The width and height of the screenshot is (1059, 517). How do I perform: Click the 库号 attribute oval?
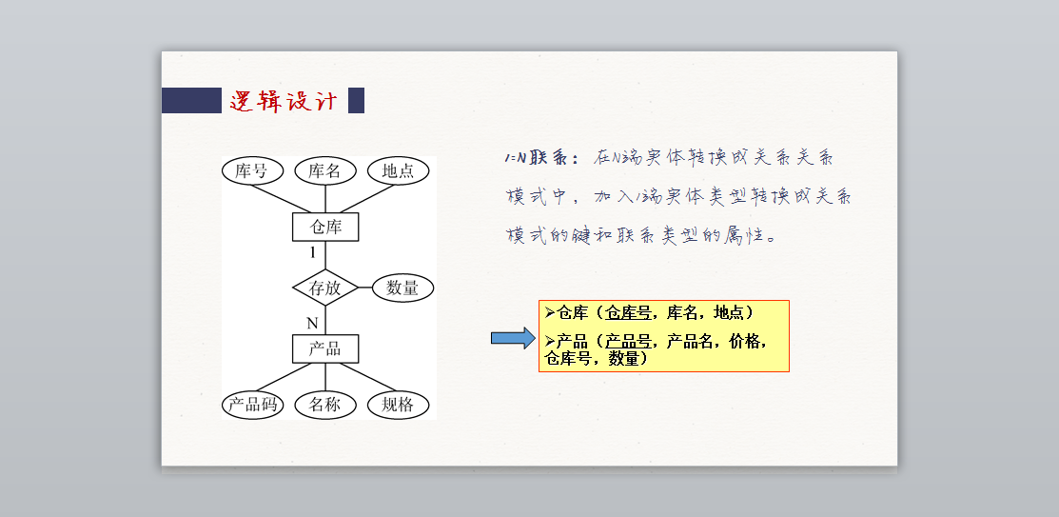pyautogui.click(x=252, y=171)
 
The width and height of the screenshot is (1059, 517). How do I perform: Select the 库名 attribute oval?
pyautogui.click(x=324, y=171)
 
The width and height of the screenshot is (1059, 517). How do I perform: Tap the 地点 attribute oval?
pyautogui.click(x=398, y=171)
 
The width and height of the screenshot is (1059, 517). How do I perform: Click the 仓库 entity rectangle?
pyautogui.click(x=325, y=228)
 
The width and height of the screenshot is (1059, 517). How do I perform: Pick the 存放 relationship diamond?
pyautogui.click(x=324, y=288)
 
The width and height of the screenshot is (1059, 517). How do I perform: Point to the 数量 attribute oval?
pyautogui.click(x=402, y=288)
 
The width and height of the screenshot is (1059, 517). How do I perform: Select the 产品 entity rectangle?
pyautogui.click(x=325, y=348)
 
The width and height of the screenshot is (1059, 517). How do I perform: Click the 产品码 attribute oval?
pyautogui.click(x=252, y=405)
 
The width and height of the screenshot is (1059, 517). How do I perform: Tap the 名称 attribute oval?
pyautogui.click(x=324, y=405)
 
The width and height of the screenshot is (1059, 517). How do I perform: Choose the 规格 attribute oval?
pyautogui.click(x=398, y=405)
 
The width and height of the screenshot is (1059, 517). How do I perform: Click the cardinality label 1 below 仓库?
pyautogui.click(x=312, y=253)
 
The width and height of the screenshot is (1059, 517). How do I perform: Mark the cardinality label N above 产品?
pyautogui.click(x=311, y=324)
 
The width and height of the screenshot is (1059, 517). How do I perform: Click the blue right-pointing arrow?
pyautogui.click(x=513, y=339)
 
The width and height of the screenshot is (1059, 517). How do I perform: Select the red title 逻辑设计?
pyautogui.click(x=284, y=101)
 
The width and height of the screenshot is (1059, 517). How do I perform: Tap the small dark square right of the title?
pyautogui.click(x=356, y=101)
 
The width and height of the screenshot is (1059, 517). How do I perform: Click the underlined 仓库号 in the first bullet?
pyautogui.click(x=631, y=312)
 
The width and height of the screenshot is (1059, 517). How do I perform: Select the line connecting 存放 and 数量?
pyautogui.click(x=364, y=288)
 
